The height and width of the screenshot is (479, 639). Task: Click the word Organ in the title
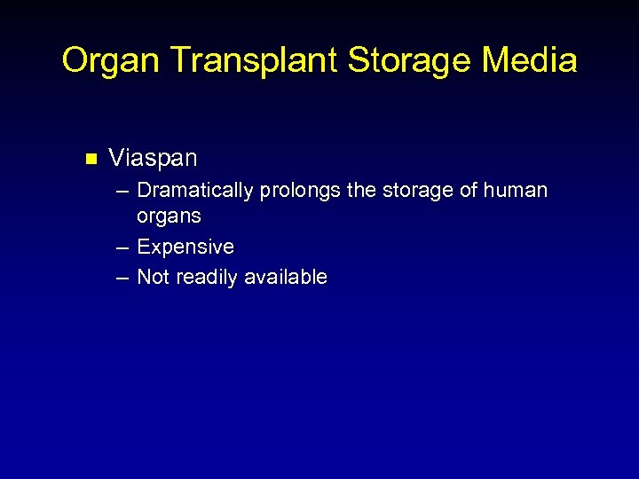[112, 61]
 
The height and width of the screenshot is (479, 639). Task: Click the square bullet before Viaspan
[89, 160]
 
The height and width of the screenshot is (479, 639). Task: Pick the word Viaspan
[153, 159]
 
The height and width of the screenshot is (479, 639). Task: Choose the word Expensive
[185, 247]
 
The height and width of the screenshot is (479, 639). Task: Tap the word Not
[154, 278]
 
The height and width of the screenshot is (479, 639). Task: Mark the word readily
[208, 278]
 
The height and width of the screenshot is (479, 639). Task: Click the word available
[287, 278]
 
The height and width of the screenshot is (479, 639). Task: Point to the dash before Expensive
[122, 247]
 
